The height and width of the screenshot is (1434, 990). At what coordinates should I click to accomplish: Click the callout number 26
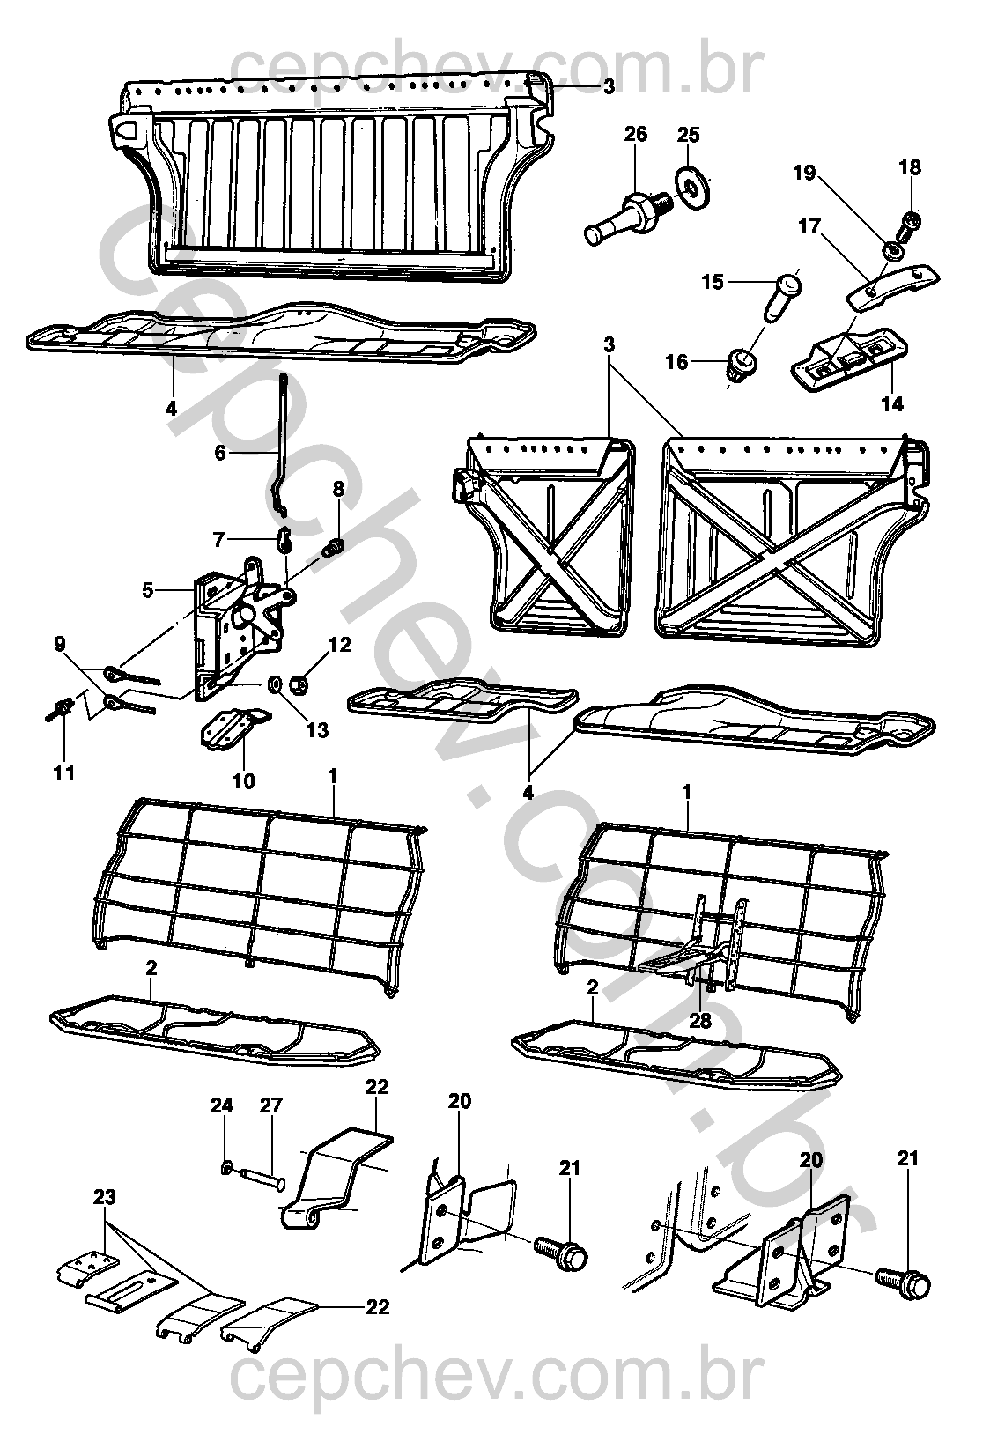click(635, 134)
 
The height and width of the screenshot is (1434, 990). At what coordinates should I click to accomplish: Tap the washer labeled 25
click(695, 181)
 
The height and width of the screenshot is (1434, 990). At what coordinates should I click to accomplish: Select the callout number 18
click(910, 167)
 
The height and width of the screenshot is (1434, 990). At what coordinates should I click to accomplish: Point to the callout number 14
click(892, 404)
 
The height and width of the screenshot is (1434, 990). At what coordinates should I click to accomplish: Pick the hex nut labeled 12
click(299, 682)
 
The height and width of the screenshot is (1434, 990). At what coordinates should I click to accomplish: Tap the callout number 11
click(64, 773)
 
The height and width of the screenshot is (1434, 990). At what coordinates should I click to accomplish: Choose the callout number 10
click(243, 780)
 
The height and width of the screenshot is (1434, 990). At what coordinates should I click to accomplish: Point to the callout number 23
click(105, 1197)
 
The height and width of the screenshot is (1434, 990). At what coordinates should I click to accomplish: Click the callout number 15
click(712, 282)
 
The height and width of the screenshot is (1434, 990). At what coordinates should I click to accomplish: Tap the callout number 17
click(809, 227)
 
